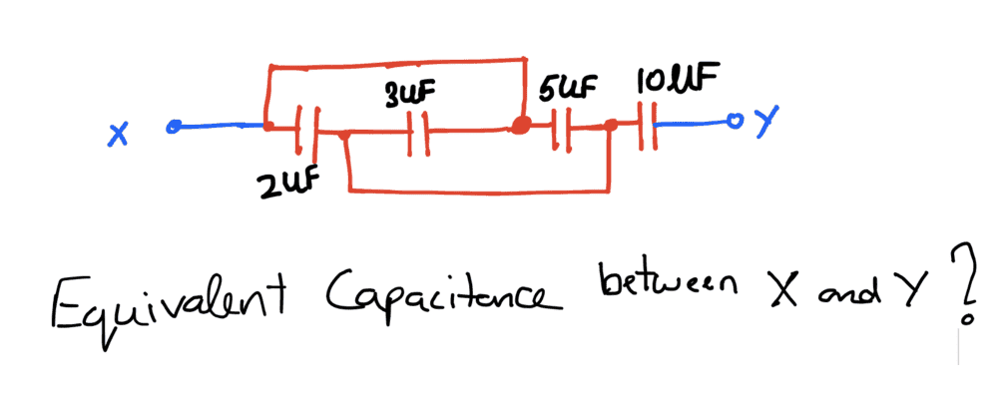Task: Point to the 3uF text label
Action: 409,94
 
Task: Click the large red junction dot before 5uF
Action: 520,126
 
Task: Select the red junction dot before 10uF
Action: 610,127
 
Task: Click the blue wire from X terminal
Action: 220,127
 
